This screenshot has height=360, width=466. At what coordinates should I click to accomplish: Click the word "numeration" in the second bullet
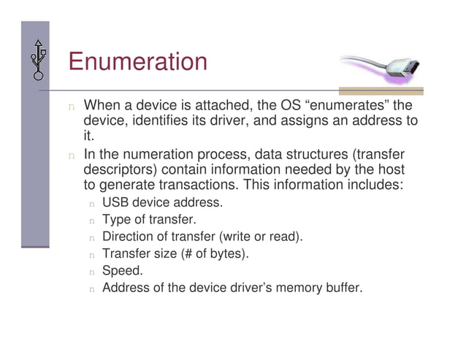[x=166, y=155]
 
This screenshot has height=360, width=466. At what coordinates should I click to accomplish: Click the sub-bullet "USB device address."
[x=162, y=202]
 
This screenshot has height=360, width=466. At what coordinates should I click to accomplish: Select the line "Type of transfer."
[x=149, y=219]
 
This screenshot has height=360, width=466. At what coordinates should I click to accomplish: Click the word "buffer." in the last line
[x=341, y=288]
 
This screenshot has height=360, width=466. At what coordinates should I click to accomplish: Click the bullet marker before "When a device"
[x=72, y=107]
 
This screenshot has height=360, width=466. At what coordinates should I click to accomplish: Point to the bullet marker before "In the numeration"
[x=72, y=156]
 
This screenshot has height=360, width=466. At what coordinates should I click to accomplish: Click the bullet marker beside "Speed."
[x=92, y=272]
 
